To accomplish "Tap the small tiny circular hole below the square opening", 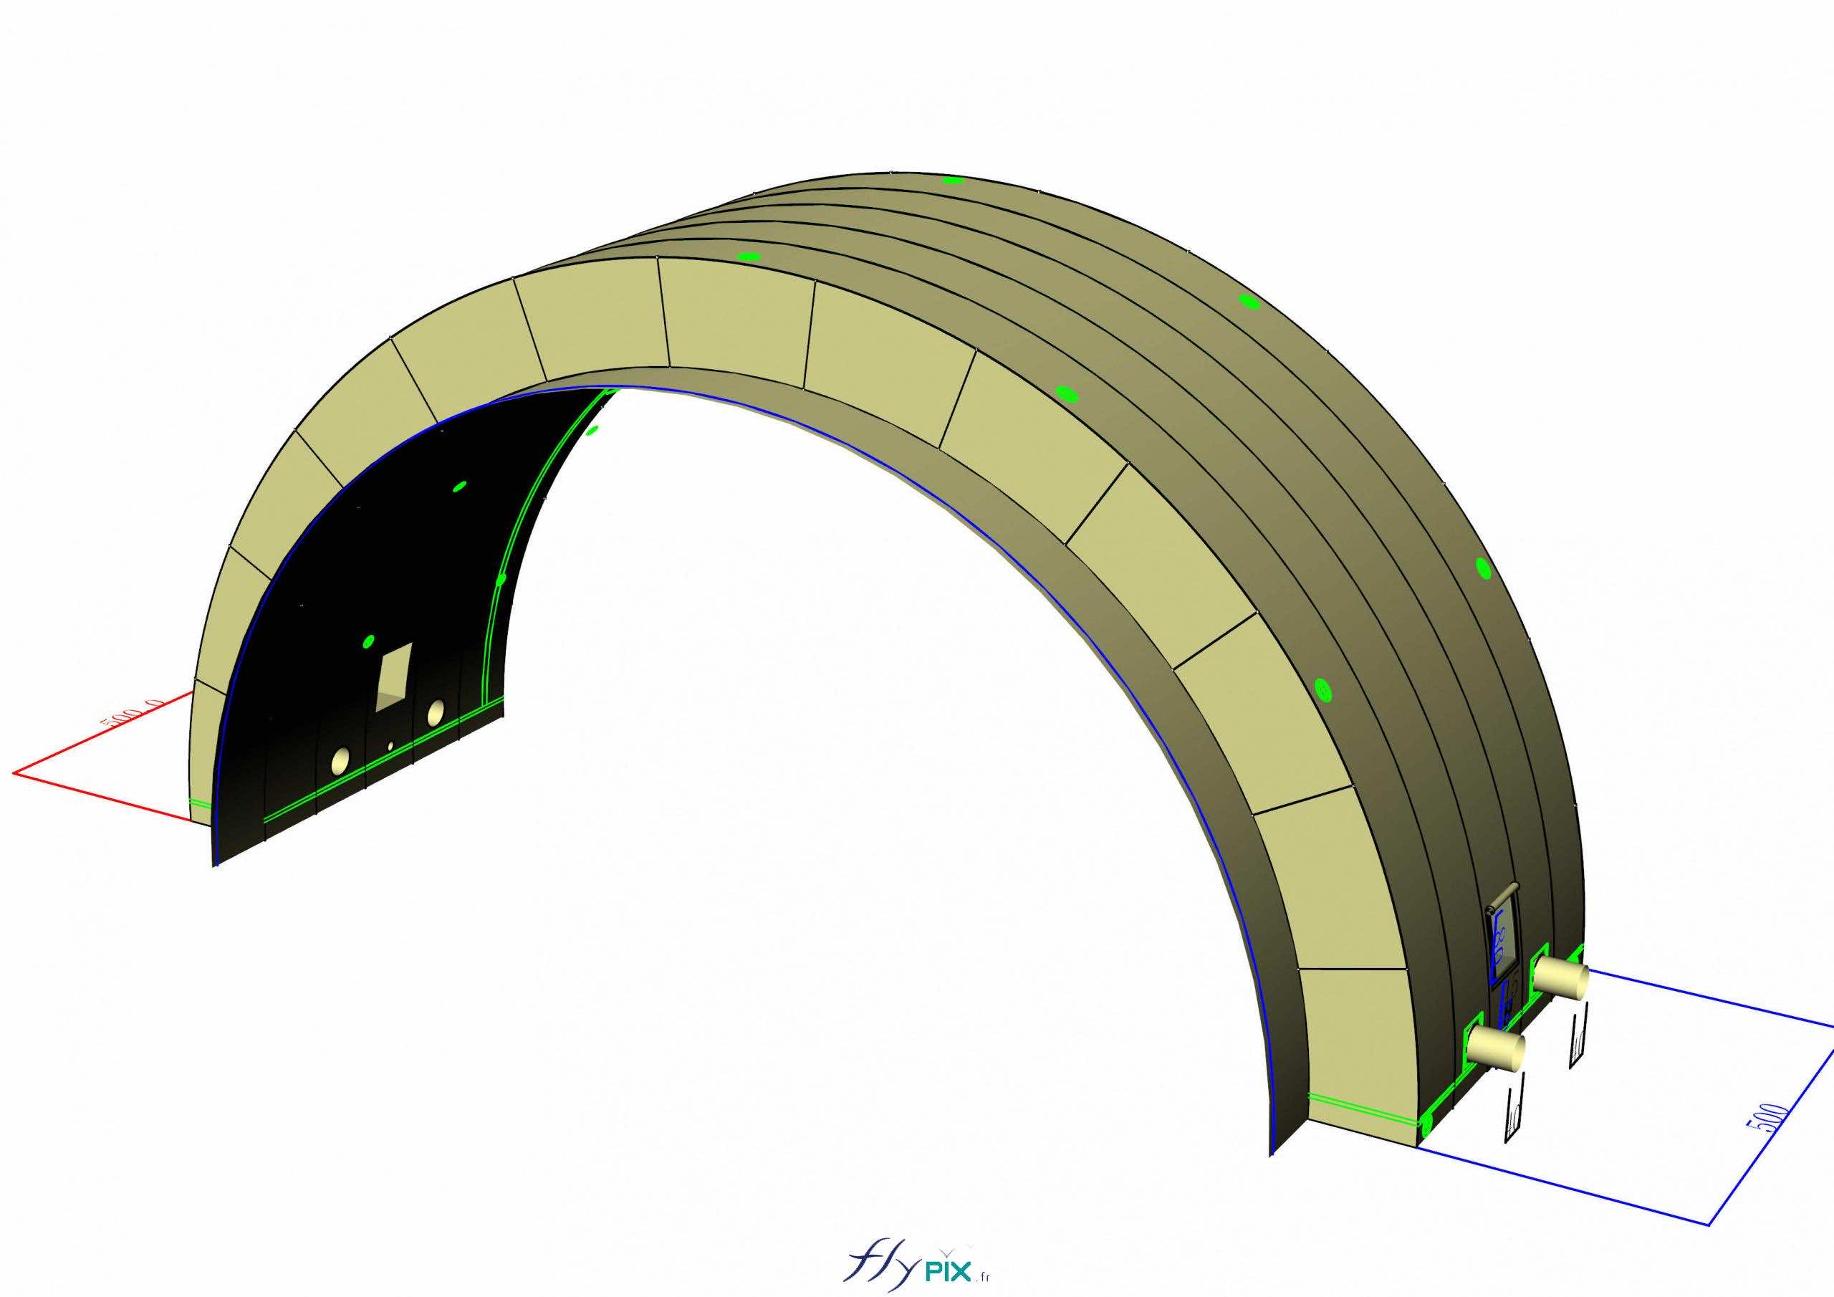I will (390, 745).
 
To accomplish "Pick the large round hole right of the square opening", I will (436, 712).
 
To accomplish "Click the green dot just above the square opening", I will (368, 640).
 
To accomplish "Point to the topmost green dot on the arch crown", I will (951, 180).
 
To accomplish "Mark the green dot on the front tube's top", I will (749, 257).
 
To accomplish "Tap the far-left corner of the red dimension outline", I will (14, 772).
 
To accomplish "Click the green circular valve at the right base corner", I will (1426, 1125).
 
